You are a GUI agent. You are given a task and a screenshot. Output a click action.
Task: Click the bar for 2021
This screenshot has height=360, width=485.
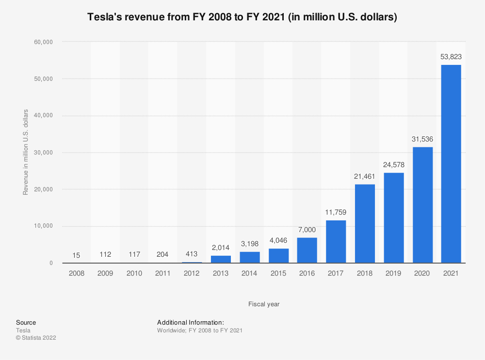(x=451, y=164)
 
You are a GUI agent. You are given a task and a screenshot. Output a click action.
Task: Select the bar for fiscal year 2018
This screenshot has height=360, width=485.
(x=365, y=223)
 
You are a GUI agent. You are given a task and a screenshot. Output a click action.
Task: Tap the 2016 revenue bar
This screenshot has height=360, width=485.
(x=307, y=250)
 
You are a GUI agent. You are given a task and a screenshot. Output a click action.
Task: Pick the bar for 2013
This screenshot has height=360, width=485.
(x=221, y=259)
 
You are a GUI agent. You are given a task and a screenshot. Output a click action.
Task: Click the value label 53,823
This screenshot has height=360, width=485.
(x=451, y=57)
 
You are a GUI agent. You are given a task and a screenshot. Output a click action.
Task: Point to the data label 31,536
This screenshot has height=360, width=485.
(x=422, y=139)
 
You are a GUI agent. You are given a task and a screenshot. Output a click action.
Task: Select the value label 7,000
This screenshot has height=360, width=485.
(x=307, y=230)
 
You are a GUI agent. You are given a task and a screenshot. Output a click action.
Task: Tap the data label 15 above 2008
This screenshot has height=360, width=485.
(x=77, y=255)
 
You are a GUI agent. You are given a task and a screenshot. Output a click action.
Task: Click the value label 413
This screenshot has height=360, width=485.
(x=192, y=254)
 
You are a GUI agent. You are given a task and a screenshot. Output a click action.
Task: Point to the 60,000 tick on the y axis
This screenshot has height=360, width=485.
(x=44, y=42)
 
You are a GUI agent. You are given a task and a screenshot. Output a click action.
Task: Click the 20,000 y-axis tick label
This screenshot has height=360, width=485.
(x=44, y=189)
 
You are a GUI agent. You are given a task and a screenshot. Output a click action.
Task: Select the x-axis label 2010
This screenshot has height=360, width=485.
(x=134, y=273)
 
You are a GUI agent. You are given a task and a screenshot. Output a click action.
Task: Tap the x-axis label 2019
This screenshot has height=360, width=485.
(x=393, y=273)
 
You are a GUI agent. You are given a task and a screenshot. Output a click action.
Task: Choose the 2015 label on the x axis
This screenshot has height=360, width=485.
(x=278, y=273)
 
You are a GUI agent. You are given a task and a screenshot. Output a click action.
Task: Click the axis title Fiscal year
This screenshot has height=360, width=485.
(x=264, y=304)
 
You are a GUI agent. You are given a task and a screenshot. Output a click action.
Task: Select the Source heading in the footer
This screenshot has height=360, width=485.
(x=26, y=322)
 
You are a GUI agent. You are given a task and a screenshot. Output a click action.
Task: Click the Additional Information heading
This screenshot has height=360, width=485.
(x=190, y=322)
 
